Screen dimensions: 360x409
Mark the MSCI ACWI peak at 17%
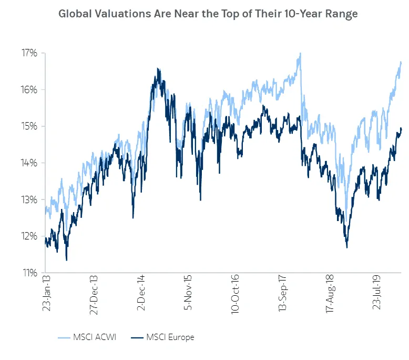300,54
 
